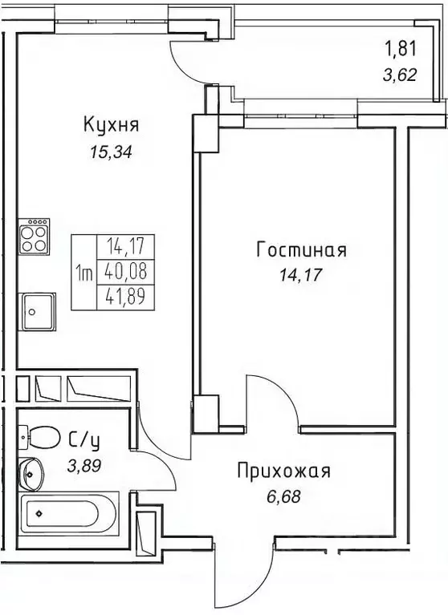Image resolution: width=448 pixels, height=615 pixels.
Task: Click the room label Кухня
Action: click(112, 125)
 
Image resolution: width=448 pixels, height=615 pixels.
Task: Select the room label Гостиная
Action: click(301, 250)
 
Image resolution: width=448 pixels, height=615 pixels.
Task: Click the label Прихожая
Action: click(283, 471)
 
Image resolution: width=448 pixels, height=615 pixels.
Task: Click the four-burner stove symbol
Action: click(35, 235)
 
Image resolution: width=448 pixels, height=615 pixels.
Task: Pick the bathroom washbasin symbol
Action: click(32, 475)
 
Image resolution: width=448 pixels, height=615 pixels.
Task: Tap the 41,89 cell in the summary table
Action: click(116, 297)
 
